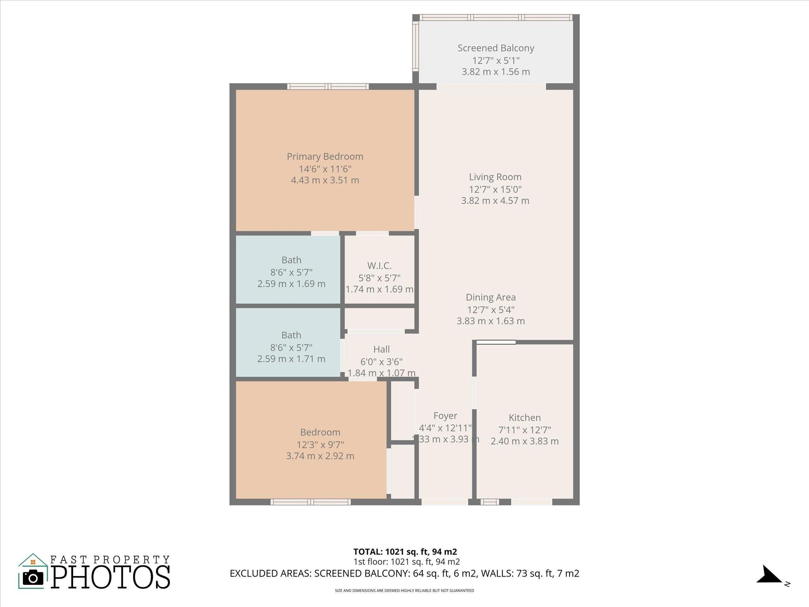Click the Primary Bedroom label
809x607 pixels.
click(x=325, y=156)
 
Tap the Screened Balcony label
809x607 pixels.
click(x=496, y=48)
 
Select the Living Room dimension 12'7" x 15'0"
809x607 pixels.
click(x=495, y=189)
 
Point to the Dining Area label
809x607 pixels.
click(x=491, y=297)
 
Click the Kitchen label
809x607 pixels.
click(x=525, y=418)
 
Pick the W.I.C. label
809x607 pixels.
click(x=379, y=266)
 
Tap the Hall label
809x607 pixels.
click(x=381, y=349)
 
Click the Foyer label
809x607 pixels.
click(x=445, y=416)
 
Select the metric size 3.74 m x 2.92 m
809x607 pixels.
click(x=320, y=456)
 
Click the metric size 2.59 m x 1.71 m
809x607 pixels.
click(x=291, y=359)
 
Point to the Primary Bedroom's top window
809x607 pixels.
click(x=328, y=87)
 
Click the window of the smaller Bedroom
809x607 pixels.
click(x=310, y=502)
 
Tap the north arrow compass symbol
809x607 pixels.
click(x=769, y=575)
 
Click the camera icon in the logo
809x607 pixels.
click(x=33, y=578)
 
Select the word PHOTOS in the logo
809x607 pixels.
click(x=111, y=577)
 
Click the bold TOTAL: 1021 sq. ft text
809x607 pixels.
click(x=405, y=552)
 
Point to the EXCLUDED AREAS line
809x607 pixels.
click(x=404, y=573)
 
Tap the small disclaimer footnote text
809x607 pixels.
click(x=404, y=591)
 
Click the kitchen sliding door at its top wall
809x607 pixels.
click(x=496, y=342)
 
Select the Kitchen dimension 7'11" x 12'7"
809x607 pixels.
click(x=525, y=430)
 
